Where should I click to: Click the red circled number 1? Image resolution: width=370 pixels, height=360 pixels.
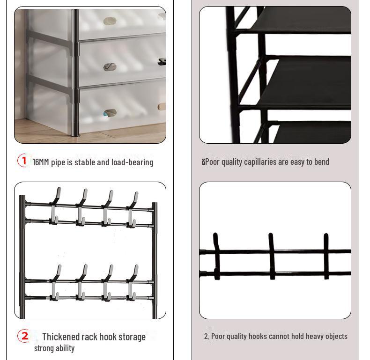pyautogui.click(x=23, y=161)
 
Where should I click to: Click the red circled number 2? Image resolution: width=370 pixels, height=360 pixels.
pyautogui.click(x=24, y=336)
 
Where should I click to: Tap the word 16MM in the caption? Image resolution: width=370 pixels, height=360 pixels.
pyautogui.click(x=41, y=162)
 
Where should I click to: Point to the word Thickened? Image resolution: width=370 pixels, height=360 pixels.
pyautogui.click(x=60, y=337)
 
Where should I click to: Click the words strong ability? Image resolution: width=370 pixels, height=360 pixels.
pyautogui.click(x=54, y=348)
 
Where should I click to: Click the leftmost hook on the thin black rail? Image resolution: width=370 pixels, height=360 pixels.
pyautogui.click(x=216, y=255)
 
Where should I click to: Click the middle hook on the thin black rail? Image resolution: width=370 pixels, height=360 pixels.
pyautogui.click(x=271, y=255)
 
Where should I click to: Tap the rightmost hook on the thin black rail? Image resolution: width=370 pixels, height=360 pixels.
pyautogui.click(x=326, y=255)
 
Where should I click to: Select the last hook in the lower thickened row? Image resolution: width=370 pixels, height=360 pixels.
pyautogui.click(x=133, y=282)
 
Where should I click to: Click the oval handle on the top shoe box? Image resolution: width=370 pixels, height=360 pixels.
pyautogui.click(x=110, y=21)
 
